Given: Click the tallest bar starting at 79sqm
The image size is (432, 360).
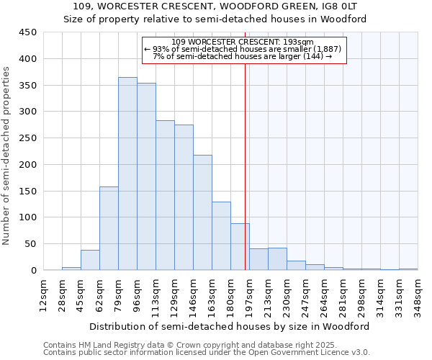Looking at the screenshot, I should [127, 174].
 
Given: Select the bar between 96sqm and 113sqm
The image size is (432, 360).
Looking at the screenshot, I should [146, 176].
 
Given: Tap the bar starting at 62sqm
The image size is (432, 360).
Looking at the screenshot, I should [109, 228].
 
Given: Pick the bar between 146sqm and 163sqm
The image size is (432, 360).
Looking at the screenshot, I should [202, 212].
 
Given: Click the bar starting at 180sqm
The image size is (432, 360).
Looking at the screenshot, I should [240, 247].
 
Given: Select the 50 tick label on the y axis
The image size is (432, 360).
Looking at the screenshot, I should [31, 244].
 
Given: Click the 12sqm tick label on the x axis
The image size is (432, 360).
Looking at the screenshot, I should [42, 294].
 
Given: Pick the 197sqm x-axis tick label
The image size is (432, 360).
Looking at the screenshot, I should [248, 294].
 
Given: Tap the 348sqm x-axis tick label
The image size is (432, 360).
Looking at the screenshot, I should [418, 294].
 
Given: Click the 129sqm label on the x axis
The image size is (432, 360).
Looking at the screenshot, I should [174, 294].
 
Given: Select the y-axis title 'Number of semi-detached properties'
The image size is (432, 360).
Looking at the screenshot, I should [7, 155].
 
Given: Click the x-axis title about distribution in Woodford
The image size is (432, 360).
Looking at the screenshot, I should [230, 326].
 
